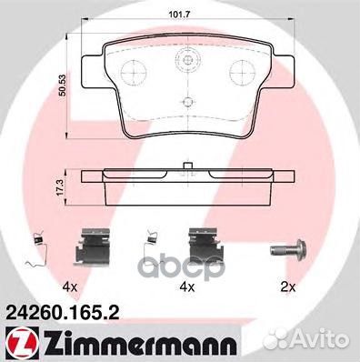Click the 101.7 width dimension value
(x=179, y=14)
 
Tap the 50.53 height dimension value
(x=63, y=86)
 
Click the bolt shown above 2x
(x=288, y=249)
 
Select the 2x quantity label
(x=288, y=287)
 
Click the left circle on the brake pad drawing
(x=134, y=72)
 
